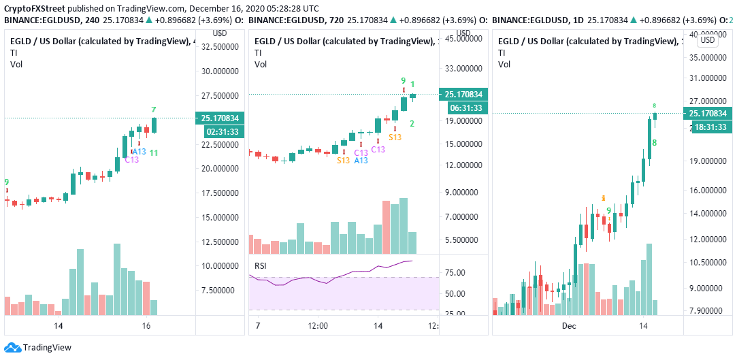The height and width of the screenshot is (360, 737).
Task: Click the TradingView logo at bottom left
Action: coord(38,347)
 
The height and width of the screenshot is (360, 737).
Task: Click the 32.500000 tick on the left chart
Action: coord(219,47)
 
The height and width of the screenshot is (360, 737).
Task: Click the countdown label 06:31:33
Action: coord(463,108)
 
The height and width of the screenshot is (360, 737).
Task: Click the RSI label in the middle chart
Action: coord(260,265)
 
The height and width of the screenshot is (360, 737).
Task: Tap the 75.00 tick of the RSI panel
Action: coord(454,273)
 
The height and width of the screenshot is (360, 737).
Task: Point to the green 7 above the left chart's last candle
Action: coord(154,110)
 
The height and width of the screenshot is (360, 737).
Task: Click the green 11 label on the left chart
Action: coord(154,152)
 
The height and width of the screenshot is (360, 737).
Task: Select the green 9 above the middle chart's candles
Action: coord(403,80)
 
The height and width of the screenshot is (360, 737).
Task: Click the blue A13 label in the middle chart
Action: coord(360,160)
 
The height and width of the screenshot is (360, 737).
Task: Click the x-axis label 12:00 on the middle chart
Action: coord(318,326)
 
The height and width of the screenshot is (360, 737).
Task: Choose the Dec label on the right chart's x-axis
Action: coord(570,326)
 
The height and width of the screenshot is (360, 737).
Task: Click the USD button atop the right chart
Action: coord(708,39)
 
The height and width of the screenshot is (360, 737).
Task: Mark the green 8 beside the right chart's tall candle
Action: coord(654,143)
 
